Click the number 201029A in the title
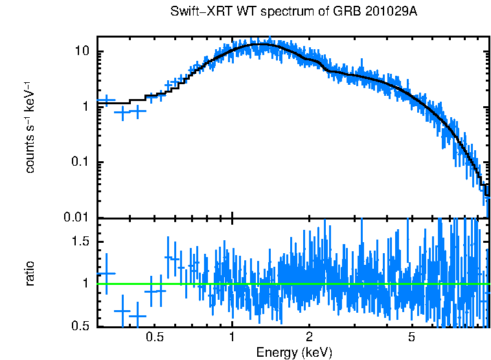coord(379,12)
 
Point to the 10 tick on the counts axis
coord(83,52)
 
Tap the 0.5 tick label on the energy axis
coord(154,338)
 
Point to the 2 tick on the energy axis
coord(310,338)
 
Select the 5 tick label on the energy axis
coord(411,338)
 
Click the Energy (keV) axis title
coord(294,352)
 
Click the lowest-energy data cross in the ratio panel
coord(106,273)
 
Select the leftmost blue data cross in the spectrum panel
coord(106,100)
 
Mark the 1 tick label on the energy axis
coord(232,338)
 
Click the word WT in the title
coord(233,12)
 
